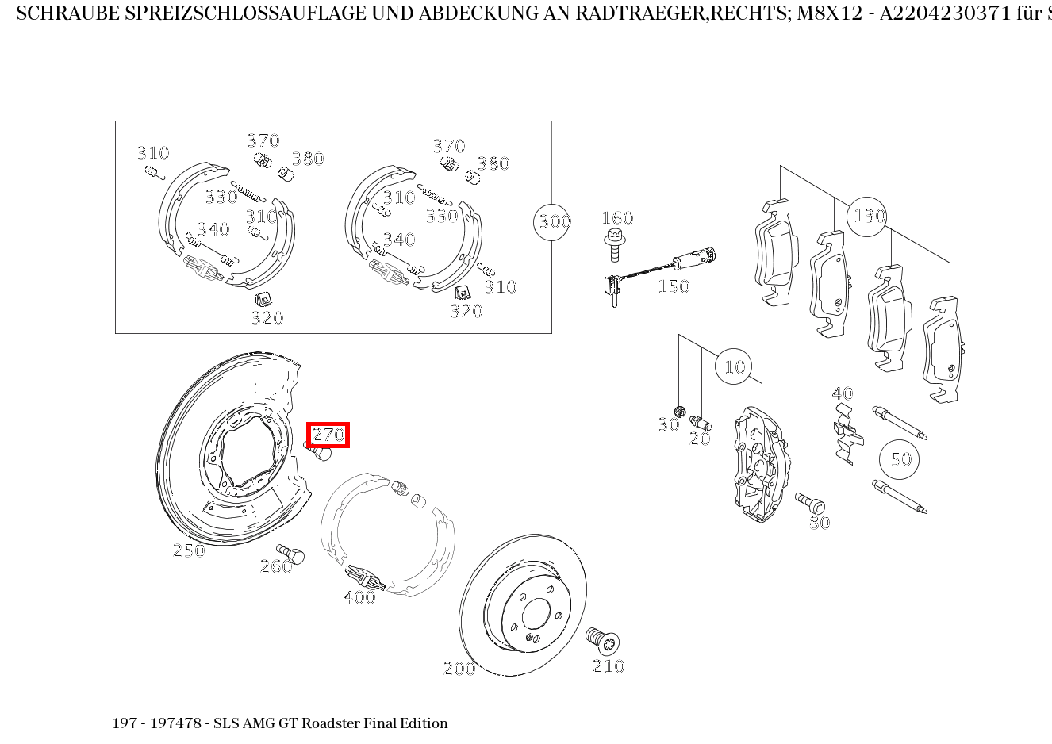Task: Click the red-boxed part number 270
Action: coord(328,435)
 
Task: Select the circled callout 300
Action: coord(553,221)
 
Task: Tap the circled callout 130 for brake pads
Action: coord(867,216)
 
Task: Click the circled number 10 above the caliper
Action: coord(735,366)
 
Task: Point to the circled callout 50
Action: coord(899,459)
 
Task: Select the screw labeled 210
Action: coord(603,639)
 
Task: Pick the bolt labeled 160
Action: coord(614,244)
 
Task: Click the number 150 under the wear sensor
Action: coord(673,286)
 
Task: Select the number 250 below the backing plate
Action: coord(189,550)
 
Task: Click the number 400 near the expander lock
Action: coord(359,597)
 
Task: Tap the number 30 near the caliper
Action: coord(668,425)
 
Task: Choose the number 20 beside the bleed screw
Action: coord(700,439)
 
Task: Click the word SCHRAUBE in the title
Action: coord(67,13)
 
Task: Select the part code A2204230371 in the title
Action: coord(945,13)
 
